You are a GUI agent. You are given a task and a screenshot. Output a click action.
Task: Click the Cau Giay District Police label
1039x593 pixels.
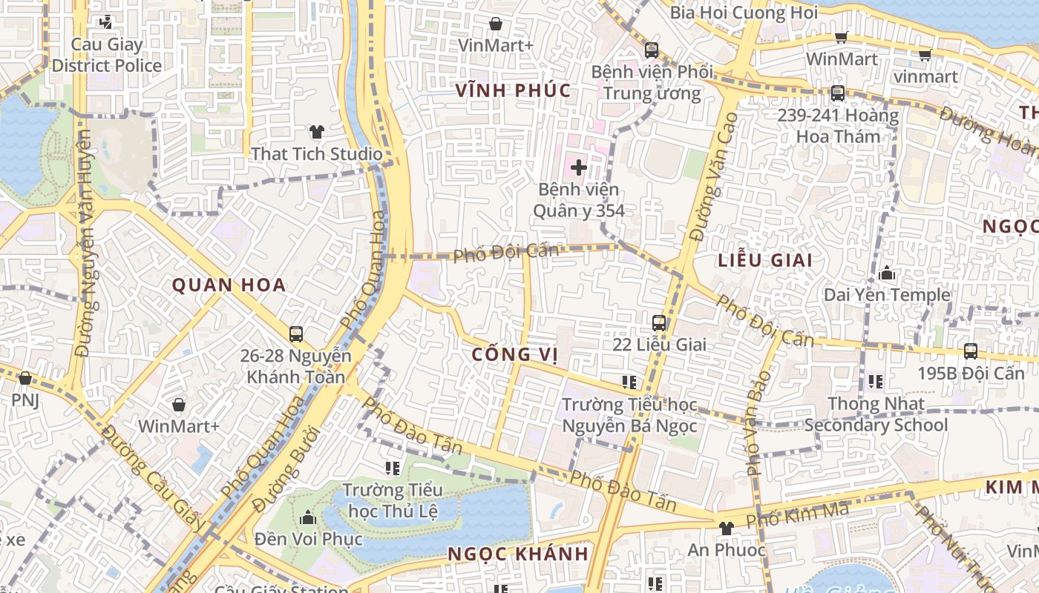coord(106,55)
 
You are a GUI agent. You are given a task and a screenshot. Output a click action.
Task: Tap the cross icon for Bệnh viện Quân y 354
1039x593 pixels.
coord(578,168)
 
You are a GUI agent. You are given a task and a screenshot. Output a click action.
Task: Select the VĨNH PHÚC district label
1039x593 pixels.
coord(513,90)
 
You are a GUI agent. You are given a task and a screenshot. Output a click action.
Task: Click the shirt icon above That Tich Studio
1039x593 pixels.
coord(317,133)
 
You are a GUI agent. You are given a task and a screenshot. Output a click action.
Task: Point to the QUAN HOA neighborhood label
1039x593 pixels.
coord(229,285)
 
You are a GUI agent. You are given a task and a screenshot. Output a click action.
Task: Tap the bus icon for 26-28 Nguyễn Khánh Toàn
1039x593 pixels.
coord(295,334)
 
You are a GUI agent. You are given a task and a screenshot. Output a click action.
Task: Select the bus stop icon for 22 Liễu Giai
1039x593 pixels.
coord(658,323)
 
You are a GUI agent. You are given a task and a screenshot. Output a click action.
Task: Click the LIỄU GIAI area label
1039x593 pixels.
coord(765,260)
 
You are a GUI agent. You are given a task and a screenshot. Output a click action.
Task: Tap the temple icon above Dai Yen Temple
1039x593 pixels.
coord(886,274)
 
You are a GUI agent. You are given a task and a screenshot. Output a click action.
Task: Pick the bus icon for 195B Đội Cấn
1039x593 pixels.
coord(970,351)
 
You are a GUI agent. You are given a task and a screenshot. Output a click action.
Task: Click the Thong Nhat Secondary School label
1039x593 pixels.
coord(876,414)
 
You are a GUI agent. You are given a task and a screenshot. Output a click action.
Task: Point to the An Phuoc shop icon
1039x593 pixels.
coord(726,529)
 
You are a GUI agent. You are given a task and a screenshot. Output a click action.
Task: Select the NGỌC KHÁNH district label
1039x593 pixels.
coord(518,554)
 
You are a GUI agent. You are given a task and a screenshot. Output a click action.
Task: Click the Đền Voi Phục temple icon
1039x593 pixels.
coord(307,517)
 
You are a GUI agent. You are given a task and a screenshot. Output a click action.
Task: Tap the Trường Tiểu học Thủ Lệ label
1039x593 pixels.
coord(393,500)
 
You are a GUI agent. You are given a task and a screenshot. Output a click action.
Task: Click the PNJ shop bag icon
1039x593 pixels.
coord(25,378)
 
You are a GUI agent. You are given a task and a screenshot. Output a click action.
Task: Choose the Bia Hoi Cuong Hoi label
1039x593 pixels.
coord(744,13)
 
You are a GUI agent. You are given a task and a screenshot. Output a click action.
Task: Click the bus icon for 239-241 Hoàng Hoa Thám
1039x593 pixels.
coord(837,93)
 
